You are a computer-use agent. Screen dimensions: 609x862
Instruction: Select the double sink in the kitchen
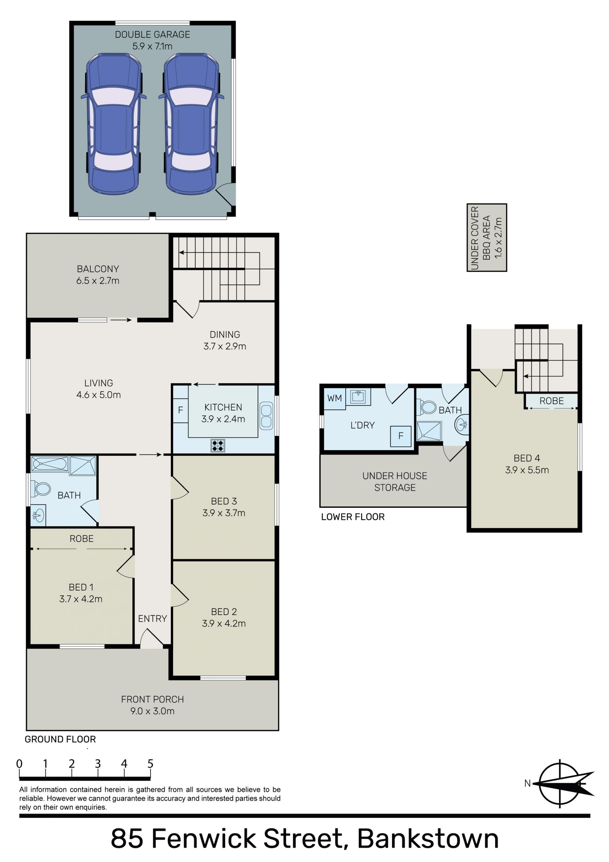click(x=266, y=416)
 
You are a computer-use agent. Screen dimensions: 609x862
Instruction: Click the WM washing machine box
click(x=335, y=398)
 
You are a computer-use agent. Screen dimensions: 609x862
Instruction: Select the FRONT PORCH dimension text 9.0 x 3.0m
click(x=153, y=711)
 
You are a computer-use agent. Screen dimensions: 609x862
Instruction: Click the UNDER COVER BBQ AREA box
click(x=487, y=238)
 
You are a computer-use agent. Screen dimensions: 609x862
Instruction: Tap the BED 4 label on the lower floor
click(x=527, y=458)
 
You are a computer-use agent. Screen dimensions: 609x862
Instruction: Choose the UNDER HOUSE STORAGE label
click(x=395, y=482)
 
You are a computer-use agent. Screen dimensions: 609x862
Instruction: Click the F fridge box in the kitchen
click(x=180, y=410)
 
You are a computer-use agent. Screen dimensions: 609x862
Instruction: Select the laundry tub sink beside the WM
click(x=358, y=397)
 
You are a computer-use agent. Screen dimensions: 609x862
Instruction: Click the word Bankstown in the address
click(x=428, y=839)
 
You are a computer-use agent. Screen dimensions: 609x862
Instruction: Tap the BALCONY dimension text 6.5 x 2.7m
click(x=98, y=280)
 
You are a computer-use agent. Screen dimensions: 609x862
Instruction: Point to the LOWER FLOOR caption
click(x=353, y=517)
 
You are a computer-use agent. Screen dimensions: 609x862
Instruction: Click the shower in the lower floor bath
click(x=429, y=431)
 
